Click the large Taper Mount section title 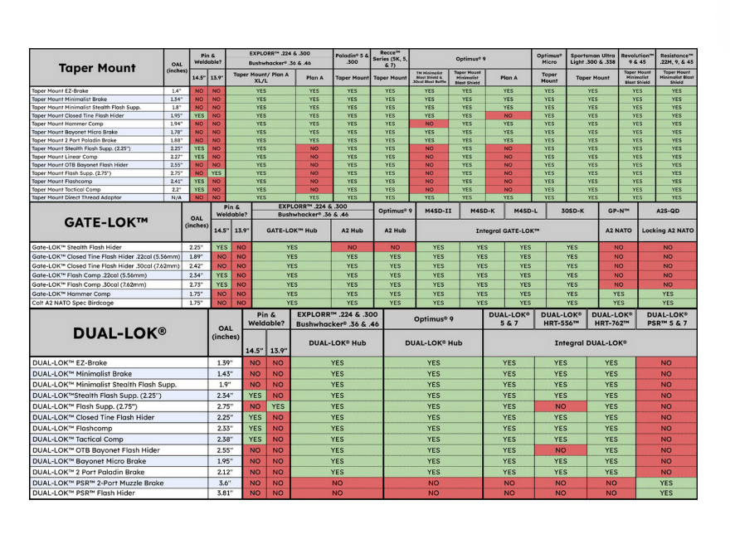(x=98, y=68)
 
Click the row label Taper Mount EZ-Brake (x=59, y=90)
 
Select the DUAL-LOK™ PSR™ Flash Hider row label (x=83, y=493)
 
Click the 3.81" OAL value (x=224, y=493)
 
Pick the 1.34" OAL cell (x=177, y=99)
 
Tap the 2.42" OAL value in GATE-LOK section (x=197, y=265)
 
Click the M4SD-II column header (x=438, y=211)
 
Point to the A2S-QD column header (x=668, y=211)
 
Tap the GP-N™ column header (x=618, y=211)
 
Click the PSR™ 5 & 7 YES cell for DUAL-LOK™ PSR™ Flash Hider (x=666, y=493)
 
